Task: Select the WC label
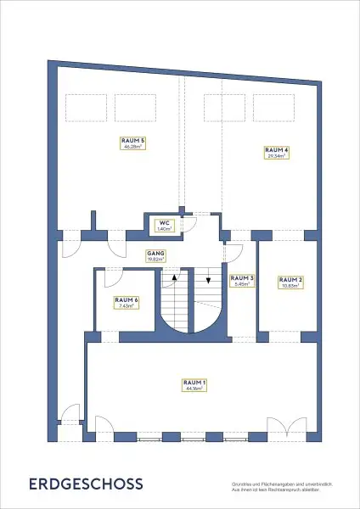tap(164, 226)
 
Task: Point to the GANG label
tap(155, 255)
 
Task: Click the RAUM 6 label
tap(126, 303)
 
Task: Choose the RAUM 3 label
tap(241, 281)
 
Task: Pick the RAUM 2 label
tap(290, 282)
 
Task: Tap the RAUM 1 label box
tap(194, 386)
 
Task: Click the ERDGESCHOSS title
tap(86, 484)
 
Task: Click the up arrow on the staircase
tap(175, 277)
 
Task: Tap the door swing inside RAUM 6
tap(111, 278)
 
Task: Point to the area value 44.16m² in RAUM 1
tap(194, 390)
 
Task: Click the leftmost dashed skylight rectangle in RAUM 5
tap(82, 106)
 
